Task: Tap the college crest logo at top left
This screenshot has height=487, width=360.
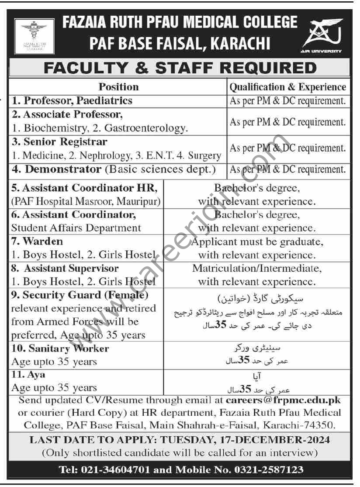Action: pyautogui.click(x=34, y=36)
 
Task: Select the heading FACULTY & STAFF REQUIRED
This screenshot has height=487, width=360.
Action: pyautogui.click(x=179, y=68)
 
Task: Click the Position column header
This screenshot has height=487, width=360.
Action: pyautogui.click(x=118, y=87)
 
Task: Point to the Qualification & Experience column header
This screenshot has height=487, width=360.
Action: pyautogui.click(x=288, y=87)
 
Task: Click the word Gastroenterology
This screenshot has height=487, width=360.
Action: pyautogui.click(x=150, y=128)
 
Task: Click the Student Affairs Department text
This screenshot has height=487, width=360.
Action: pyautogui.click(x=76, y=228)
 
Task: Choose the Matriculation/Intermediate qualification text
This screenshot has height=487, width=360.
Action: pyautogui.click(x=257, y=268)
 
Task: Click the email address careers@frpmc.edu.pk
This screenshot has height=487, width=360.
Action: pyautogui.click(x=284, y=400)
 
